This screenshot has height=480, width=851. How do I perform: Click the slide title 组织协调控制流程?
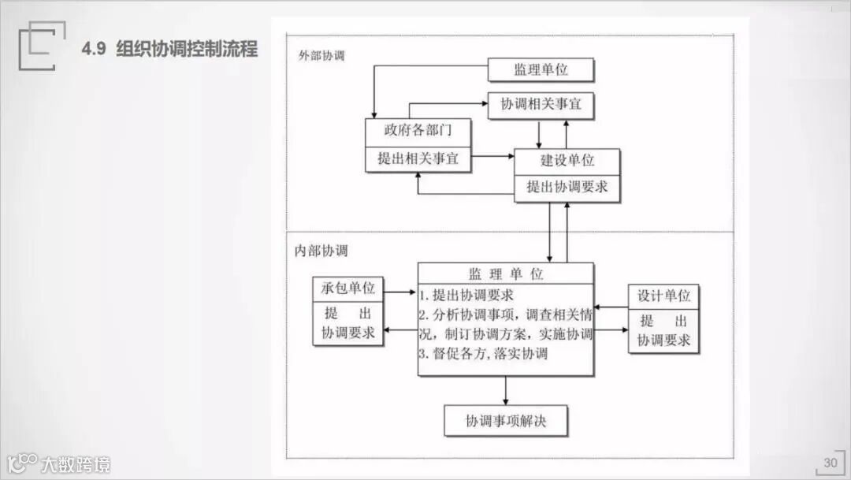[x=187, y=49]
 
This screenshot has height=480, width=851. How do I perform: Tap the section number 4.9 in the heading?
[x=95, y=49]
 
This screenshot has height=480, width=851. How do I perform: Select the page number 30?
[x=831, y=463]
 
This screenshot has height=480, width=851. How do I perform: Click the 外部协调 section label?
[x=321, y=57]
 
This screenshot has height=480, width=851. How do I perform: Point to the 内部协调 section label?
[x=321, y=251]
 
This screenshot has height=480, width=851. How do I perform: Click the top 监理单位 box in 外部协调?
[x=541, y=69]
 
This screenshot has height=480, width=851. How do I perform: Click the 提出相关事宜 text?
[x=417, y=158]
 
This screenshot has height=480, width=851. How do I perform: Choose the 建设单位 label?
[x=567, y=161]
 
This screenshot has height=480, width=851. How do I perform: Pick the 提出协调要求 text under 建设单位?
[x=567, y=188]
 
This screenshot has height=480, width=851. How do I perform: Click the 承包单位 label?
[x=347, y=289]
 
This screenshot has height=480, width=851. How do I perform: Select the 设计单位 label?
[x=663, y=296]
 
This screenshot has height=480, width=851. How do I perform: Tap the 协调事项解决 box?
[x=505, y=421]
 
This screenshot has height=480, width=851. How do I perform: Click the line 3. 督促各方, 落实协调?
[x=483, y=354]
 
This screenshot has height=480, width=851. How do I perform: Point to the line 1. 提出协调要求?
[x=466, y=296]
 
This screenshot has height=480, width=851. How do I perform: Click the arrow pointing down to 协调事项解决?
[x=505, y=391]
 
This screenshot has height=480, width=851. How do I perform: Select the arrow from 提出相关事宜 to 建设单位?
[x=493, y=156]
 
